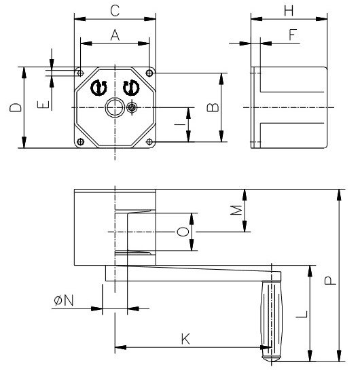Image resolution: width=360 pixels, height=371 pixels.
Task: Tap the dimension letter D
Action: coord(16,107)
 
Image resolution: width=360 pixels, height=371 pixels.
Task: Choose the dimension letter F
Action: coord(293,35)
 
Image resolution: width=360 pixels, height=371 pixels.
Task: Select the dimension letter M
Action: coord(236,211)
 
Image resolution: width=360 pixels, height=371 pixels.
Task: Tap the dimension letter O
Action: coord(181,232)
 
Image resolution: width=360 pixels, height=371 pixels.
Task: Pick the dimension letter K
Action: coord(185,338)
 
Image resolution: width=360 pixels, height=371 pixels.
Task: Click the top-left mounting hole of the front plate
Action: coord(81,72)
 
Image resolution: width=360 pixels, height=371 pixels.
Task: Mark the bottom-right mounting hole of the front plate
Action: coord(149,141)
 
